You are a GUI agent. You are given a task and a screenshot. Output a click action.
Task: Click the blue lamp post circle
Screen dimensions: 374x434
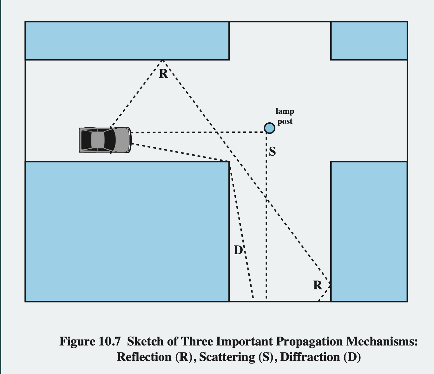[269, 128]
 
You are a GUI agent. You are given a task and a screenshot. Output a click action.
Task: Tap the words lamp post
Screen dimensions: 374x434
[285, 116]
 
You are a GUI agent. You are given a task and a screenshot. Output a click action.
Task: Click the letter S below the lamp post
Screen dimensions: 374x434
[273, 152]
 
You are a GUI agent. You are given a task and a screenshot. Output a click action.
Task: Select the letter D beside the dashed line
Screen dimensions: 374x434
[238, 250]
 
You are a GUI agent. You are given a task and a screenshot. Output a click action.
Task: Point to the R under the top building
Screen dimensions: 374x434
[163, 74]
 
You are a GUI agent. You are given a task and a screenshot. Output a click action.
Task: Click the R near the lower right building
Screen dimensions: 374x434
[317, 285]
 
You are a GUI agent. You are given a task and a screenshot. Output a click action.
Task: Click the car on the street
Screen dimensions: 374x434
[105, 140]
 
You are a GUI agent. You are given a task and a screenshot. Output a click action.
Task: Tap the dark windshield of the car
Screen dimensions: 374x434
[109, 140]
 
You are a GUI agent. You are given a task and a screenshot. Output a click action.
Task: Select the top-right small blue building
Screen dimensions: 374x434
[369, 41]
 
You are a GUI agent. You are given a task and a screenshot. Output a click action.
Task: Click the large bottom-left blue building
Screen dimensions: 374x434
[127, 231]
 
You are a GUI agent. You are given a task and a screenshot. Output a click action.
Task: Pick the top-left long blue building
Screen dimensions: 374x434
[127, 41]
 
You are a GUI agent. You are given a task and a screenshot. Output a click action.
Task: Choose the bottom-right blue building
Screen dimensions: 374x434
[369, 231]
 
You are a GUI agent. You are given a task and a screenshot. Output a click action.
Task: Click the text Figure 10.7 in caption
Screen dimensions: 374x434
[90, 342]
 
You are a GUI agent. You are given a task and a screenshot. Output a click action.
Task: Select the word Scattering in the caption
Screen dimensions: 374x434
[227, 357]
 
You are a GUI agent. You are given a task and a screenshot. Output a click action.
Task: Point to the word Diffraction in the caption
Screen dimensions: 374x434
[310, 357]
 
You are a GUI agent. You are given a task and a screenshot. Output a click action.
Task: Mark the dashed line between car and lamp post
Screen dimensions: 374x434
[197, 132]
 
